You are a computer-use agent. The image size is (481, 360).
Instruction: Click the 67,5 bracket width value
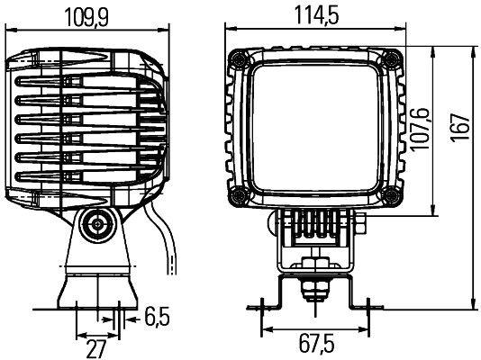tap(313, 344)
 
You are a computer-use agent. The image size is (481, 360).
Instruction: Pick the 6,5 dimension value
tap(157, 316)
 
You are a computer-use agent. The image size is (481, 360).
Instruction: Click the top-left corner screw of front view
tap(238, 58)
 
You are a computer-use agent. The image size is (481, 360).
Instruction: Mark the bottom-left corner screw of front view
tap(238, 196)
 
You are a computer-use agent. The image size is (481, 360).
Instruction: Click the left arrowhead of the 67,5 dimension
tap(262, 326)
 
